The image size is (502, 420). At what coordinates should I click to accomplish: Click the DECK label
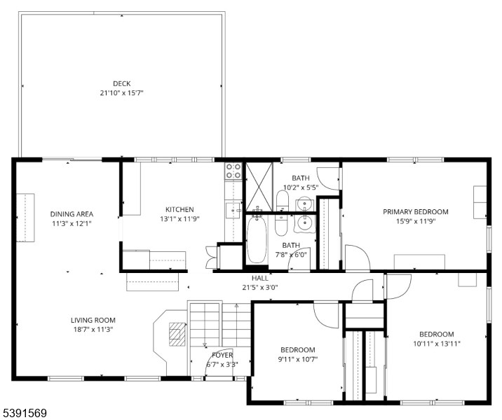click(x=122, y=84)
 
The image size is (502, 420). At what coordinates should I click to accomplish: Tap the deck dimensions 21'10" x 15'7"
click(x=122, y=93)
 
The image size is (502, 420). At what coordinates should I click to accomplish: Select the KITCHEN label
click(x=179, y=210)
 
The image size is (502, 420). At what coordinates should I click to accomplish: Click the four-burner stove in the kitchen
click(x=233, y=171)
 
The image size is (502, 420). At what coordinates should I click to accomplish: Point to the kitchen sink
click(x=233, y=210)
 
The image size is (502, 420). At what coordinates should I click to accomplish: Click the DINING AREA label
click(x=72, y=214)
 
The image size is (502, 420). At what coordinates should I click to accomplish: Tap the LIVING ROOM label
click(x=93, y=321)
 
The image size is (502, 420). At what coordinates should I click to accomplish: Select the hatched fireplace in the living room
click(x=177, y=335)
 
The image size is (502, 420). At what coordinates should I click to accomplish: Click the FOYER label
click(x=222, y=355)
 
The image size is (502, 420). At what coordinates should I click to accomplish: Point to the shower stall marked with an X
click(x=259, y=187)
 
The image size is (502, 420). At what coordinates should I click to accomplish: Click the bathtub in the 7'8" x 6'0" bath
click(x=257, y=239)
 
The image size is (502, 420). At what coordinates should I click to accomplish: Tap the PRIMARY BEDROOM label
click(x=416, y=212)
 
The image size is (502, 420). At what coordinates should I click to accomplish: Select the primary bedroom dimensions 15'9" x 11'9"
click(x=416, y=221)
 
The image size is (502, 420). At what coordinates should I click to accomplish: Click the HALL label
click(x=259, y=278)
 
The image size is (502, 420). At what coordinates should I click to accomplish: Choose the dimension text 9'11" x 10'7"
click(x=298, y=359)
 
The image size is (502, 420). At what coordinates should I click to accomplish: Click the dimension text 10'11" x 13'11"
click(x=437, y=344)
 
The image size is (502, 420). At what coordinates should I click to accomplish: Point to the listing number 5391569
click(x=25, y=413)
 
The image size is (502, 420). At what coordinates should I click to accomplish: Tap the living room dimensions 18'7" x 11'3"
click(x=93, y=330)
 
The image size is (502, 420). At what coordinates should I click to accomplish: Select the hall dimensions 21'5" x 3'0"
click(x=259, y=288)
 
